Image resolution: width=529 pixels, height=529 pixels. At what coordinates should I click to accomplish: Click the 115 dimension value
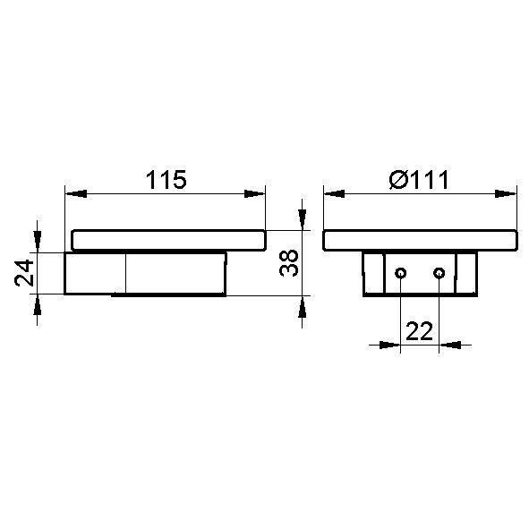[166, 180]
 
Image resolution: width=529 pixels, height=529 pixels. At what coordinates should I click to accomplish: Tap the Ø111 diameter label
[419, 180]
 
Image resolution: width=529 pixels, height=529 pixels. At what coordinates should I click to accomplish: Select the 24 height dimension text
[24, 273]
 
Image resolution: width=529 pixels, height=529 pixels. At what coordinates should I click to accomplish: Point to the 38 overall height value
[289, 263]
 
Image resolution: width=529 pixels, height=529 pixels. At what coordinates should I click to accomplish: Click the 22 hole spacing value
[420, 331]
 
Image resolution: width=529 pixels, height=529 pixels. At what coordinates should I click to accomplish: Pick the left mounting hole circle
[400, 273]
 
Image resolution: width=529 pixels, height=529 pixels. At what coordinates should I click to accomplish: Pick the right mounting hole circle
[439, 273]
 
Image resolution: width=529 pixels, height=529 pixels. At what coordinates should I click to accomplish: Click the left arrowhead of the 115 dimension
[76, 194]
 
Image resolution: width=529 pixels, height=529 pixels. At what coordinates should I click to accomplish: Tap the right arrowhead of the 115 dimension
[255, 194]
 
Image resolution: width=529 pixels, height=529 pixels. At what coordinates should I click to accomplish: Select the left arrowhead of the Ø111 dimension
[335, 194]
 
